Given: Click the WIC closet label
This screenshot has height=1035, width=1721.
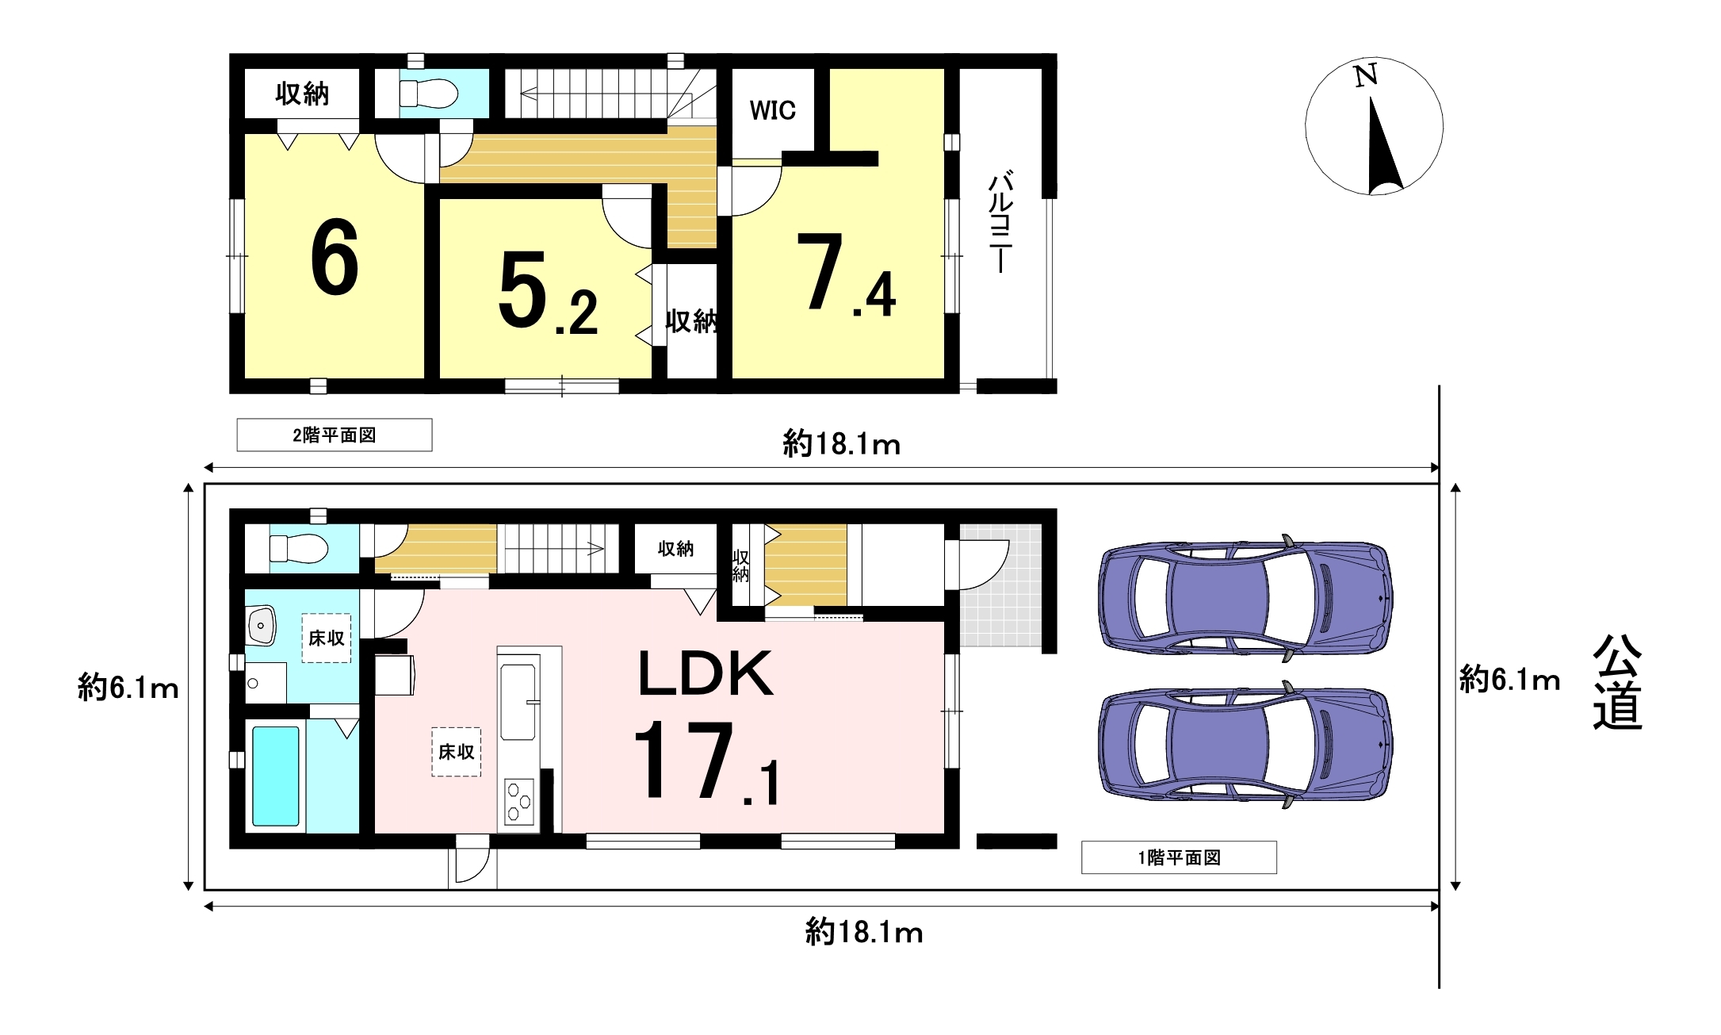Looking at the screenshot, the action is (772, 110).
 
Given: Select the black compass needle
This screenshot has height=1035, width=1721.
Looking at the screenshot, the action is (1383, 147).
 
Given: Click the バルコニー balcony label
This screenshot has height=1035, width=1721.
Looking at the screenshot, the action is (1001, 221).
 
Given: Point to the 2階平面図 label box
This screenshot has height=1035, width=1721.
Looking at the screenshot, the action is (335, 435).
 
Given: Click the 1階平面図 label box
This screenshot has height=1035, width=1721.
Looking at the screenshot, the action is (1179, 857).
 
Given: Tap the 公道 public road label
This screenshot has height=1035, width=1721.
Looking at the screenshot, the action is (1617, 682).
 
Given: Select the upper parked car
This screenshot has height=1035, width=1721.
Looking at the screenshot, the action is (1245, 598).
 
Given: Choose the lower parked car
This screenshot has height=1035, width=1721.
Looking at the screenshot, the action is (1245, 744).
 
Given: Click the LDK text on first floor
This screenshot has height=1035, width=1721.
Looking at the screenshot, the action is (706, 674).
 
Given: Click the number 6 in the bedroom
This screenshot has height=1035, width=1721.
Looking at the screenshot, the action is (335, 258).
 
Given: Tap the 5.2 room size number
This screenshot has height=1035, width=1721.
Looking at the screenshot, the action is (548, 293).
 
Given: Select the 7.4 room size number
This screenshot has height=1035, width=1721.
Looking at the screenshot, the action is (847, 274).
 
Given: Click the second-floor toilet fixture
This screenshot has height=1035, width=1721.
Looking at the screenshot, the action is (428, 94).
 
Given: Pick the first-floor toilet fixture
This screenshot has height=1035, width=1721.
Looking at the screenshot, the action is (298, 548).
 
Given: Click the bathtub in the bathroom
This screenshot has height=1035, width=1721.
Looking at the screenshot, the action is (276, 776).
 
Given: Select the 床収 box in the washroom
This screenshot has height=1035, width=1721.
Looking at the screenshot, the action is (327, 638).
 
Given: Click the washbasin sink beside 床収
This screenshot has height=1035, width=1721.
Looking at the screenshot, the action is (261, 626).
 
